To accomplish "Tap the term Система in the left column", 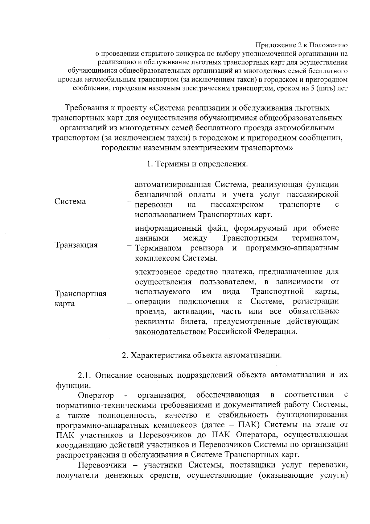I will (70, 202).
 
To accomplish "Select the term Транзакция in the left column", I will (76, 245).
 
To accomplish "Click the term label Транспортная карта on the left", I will (80, 298).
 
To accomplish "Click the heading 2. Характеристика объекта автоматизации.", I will (202, 355).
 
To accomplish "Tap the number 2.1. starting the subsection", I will (84, 375).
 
